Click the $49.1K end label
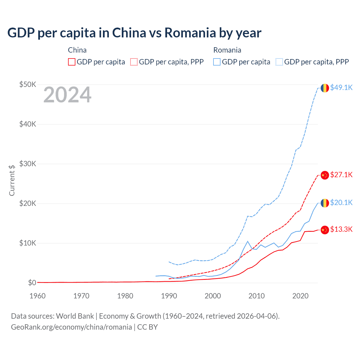coord(341,87)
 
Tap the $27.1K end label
coord(341,175)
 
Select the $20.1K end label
coord(341,202)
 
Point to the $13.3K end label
coord(341,229)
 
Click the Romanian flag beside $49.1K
coord(325,88)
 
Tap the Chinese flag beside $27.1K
coord(325,175)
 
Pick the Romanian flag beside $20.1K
coord(325,203)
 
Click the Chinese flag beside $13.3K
coord(325,230)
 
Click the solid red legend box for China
coord(72,62)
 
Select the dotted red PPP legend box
coord(134,62)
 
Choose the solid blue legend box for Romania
coord(217,62)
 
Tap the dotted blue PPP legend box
coord(279,62)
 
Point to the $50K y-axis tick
coord(28,84)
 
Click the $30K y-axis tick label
coord(28,164)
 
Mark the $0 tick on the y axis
coord(32,283)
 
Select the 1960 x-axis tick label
coord(37,296)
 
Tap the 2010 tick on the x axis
coord(256,296)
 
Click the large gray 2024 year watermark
coord(67,95)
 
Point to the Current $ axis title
coord(12,180)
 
